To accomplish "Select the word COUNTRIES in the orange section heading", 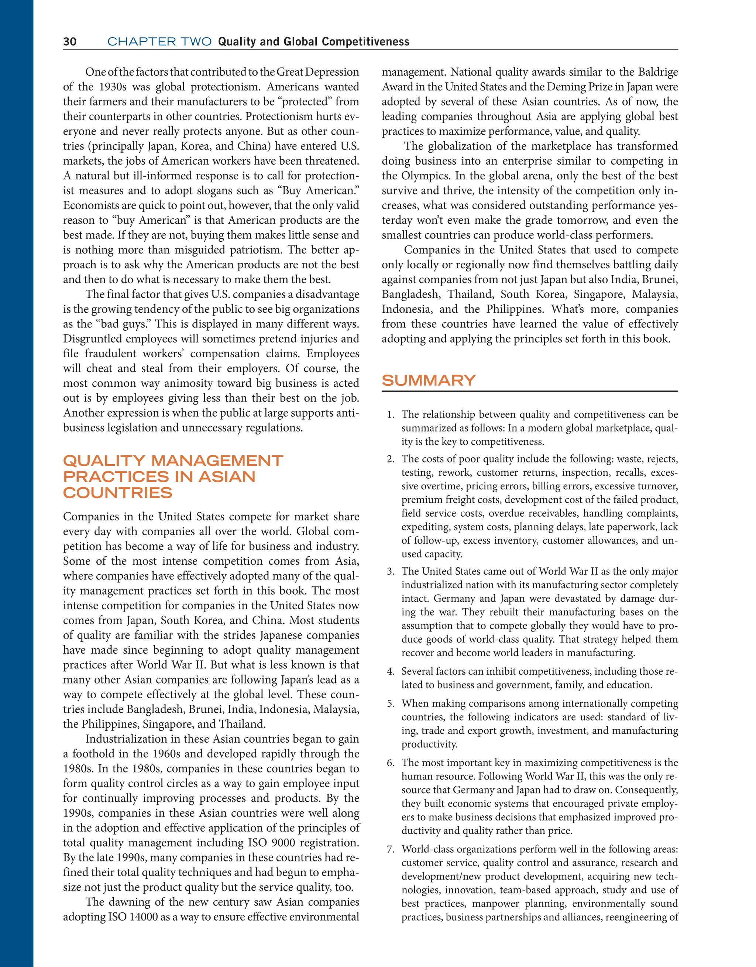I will click(x=117, y=493).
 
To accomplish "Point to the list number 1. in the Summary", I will click(x=390, y=414).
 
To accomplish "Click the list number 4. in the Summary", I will click(x=390, y=671).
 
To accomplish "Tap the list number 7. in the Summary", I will click(x=390, y=849).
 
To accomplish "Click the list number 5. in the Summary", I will click(x=390, y=703).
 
